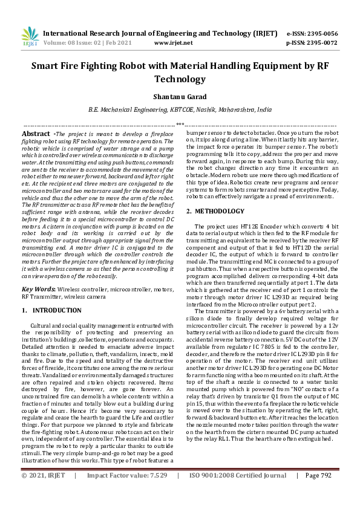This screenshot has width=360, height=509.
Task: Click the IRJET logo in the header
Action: pyautogui.click(x=29, y=37)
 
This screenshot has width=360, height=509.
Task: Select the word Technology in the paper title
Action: pyautogui.click(x=180, y=79)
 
